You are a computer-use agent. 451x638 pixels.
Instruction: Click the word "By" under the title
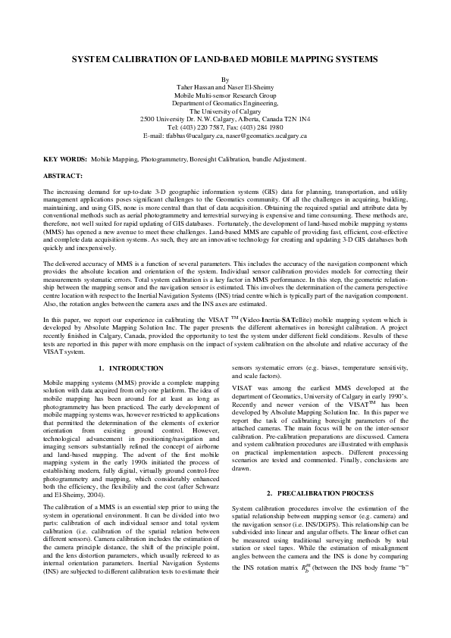(225, 80)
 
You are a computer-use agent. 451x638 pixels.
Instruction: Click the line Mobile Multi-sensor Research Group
(225, 96)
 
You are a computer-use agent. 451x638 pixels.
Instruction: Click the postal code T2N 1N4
(294, 120)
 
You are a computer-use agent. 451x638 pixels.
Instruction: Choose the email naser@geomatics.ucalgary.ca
(265, 136)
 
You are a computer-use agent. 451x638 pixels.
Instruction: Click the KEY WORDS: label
(64, 160)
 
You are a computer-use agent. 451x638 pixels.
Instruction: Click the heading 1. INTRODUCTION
(127, 368)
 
